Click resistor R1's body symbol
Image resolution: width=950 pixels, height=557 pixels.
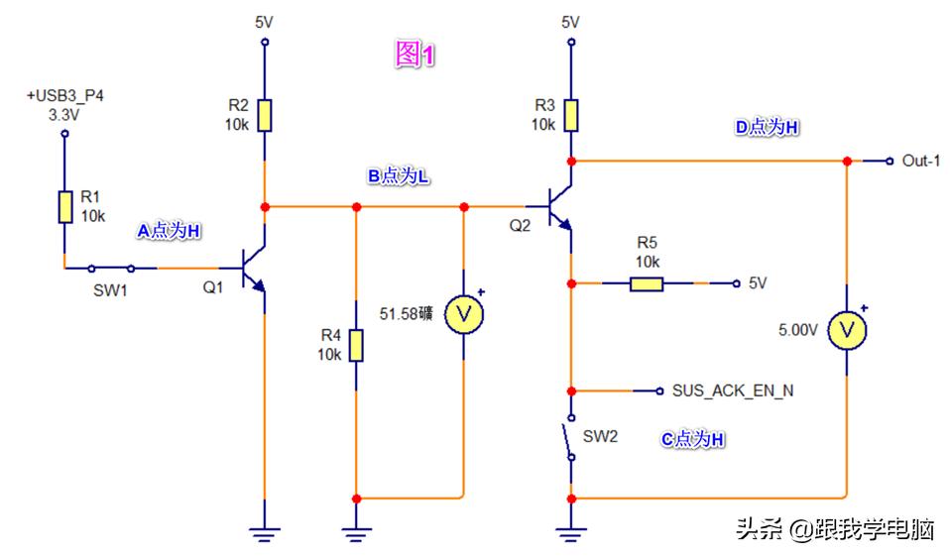64,207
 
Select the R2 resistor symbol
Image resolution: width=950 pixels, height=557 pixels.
264,115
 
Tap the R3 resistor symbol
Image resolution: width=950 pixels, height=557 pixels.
570,115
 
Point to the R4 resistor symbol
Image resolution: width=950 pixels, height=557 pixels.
356,346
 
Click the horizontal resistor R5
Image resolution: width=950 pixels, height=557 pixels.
647,283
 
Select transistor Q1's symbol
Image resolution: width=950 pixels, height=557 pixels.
254,269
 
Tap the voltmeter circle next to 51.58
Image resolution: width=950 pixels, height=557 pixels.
463,314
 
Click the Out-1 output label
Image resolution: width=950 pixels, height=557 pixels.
919,161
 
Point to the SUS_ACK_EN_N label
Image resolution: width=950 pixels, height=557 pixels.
732,390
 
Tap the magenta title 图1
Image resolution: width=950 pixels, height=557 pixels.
416,56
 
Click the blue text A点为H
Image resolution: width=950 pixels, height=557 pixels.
169,230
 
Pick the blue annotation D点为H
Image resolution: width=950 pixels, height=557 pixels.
765,127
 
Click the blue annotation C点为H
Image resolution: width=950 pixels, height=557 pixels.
693,439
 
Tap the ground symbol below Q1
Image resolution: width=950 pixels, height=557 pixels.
264,534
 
